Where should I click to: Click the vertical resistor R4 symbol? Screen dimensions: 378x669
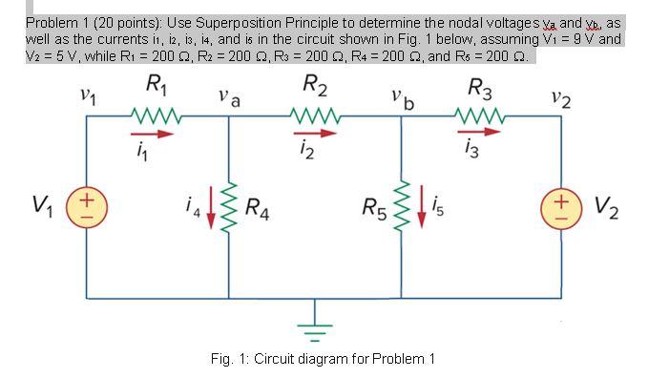pyautogui.click(x=228, y=204)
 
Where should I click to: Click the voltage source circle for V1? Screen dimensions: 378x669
pyautogui.click(x=86, y=204)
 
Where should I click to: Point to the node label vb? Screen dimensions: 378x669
pyautogui.click(x=401, y=95)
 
